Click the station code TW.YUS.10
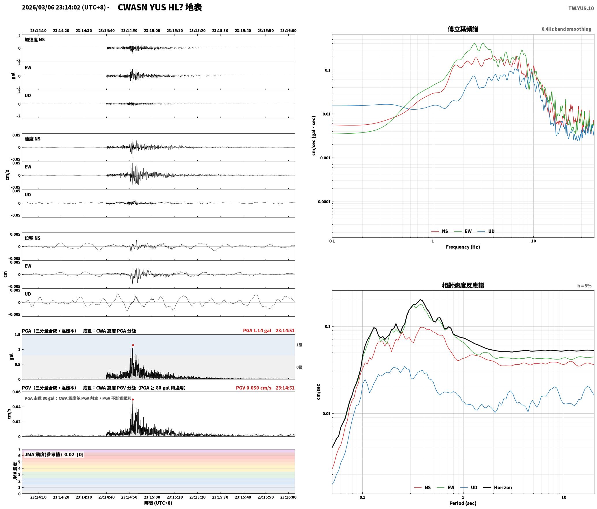[581, 8]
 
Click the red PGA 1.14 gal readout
[257, 331]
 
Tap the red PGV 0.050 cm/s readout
[253, 388]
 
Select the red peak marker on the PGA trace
[133, 345]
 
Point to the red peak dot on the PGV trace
[133, 399]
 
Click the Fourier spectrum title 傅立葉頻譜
[463, 29]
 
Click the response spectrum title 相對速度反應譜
[463, 285]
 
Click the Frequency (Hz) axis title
[463, 247]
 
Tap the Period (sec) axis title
[463, 503]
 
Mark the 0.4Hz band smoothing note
[566, 29]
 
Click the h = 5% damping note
[584, 286]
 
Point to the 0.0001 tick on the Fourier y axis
[324, 202]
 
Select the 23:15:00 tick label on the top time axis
[152, 31]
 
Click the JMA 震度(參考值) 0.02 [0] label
[54, 455]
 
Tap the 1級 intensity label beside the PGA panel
[299, 345]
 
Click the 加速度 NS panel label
[35, 40]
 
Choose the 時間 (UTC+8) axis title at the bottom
[158, 503]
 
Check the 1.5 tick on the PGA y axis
[18, 335]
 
